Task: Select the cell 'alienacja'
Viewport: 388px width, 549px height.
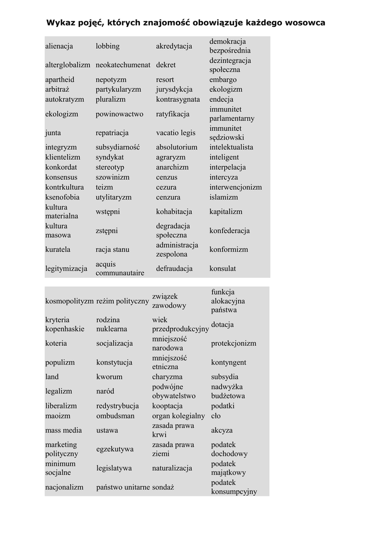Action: (x=59, y=46)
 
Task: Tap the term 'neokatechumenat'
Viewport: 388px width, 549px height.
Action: (x=123, y=65)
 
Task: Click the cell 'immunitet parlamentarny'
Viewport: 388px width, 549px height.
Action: (x=232, y=114)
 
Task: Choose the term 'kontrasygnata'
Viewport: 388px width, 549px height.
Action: (x=178, y=99)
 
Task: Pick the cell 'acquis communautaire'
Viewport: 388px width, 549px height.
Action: (x=120, y=269)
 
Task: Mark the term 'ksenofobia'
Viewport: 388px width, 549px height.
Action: (x=62, y=197)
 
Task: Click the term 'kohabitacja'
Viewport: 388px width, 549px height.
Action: (x=174, y=212)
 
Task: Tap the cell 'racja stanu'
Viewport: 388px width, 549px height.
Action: (x=113, y=249)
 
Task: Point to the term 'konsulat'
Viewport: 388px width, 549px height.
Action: (x=222, y=269)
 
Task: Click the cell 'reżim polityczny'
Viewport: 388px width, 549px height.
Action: (x=122, y=301)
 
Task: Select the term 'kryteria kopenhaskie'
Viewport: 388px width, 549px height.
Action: (x=64, y=324)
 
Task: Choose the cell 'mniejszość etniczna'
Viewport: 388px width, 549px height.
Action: (x=169, y=362)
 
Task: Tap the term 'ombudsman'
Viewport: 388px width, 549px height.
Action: (x=115, y=416)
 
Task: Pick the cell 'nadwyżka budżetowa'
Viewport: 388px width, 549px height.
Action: (x=228, y=391)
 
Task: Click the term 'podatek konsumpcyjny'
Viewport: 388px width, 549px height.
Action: (x=234, y=487)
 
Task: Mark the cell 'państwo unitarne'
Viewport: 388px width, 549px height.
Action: (x=123, y=487)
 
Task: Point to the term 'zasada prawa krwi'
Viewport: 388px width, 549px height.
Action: (x=173, y=430)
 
